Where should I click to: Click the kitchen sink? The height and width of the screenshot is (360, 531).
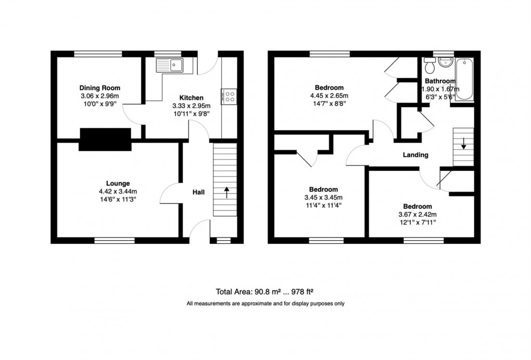(171, 65)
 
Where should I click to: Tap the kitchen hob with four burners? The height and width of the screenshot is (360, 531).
(229, 96)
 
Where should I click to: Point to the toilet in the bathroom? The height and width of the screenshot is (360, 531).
(429, 67)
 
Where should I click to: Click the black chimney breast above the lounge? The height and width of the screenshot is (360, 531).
(105, 139)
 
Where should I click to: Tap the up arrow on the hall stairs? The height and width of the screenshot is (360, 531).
(226, 193)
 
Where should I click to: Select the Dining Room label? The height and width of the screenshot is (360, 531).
(103, 88)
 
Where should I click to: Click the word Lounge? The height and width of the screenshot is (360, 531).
(118, 183)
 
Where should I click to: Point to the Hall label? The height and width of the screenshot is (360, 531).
(198, 192)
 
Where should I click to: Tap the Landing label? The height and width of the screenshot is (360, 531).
(415, 155)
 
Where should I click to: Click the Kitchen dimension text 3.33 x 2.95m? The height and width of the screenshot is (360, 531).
(191, 106)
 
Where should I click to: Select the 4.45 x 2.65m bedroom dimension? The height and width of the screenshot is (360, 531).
(329, 95)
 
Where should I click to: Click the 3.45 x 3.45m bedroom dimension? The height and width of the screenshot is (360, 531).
(323, 197)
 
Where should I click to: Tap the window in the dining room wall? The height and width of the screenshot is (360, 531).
(98, 53)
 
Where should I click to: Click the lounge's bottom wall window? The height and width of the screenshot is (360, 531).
(115, 240)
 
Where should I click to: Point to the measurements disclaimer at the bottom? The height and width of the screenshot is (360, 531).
(265, 304)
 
